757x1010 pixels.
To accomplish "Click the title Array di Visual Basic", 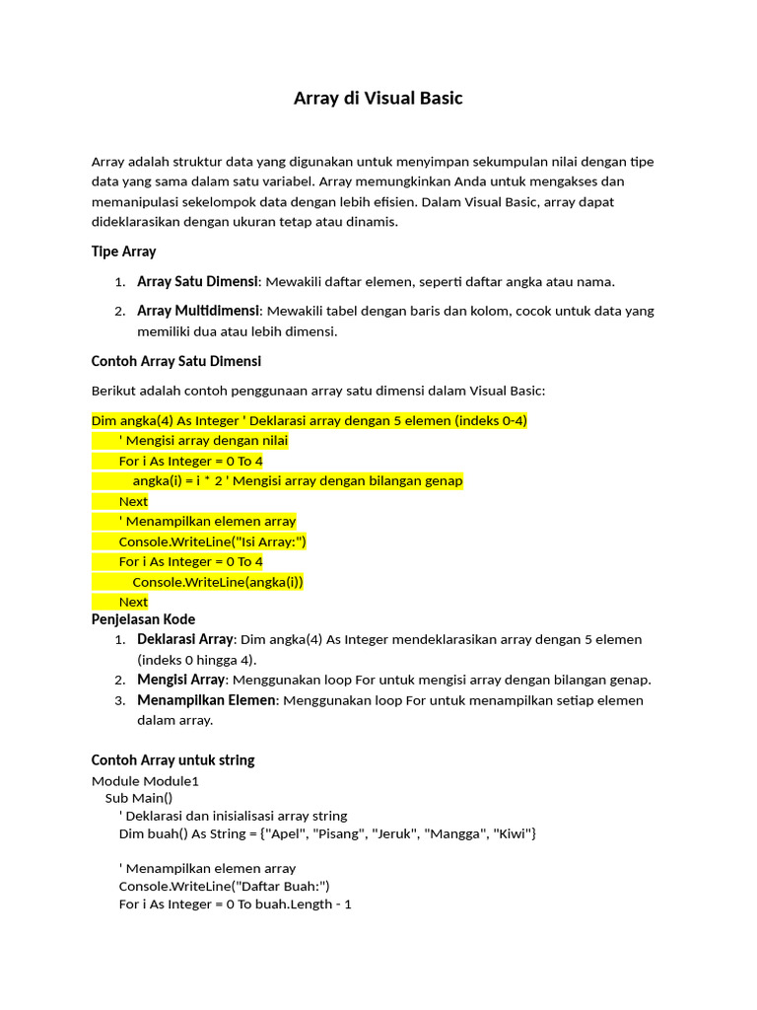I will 378,99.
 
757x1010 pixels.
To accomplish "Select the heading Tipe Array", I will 123,252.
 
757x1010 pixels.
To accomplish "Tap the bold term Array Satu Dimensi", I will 197,282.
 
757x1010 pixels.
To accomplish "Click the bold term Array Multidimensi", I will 198,311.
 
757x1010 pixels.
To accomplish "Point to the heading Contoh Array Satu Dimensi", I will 175,361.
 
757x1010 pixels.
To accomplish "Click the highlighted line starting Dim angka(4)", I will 309,421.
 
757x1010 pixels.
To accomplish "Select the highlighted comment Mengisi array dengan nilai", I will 203,441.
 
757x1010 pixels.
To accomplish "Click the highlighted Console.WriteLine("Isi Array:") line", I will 213,541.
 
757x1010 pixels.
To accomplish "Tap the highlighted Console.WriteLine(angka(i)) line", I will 218,582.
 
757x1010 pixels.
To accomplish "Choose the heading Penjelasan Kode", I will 143,619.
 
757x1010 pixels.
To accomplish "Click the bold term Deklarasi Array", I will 184,639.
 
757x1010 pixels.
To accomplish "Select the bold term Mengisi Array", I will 181,680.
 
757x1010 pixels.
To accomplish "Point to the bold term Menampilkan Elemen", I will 206,700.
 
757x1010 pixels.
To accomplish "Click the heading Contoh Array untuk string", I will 172,760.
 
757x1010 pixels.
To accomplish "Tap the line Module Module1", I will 145,781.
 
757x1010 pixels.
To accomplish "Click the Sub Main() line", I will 139,798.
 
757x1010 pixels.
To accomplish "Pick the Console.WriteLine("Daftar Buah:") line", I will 224,886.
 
